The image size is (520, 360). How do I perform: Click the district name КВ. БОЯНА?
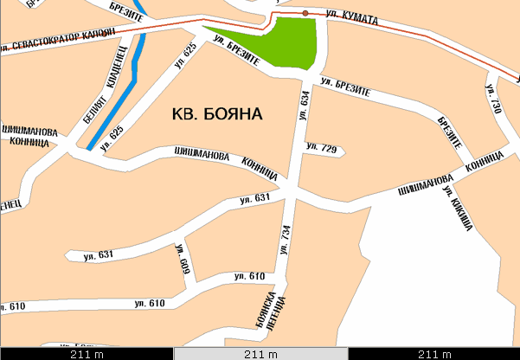[x=216, y=113]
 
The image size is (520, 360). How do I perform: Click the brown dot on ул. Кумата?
[x=305, y=13]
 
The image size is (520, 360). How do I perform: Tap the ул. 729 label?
[x=322, y=149]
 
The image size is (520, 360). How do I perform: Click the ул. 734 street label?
[x=285, y=235]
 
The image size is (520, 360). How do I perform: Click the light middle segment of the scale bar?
[x=260, y=354]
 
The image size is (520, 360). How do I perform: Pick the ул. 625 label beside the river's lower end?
[x=112, y=138]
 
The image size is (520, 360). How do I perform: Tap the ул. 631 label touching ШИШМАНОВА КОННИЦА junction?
[x=256, y=201]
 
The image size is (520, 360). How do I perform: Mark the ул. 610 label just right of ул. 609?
[x=249, y=276]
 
